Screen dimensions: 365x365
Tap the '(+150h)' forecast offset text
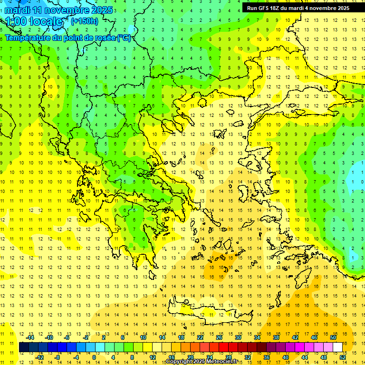[x=84, y=21]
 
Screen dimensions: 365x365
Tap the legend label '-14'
[x=30, y=337]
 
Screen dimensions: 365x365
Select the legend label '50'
[x=333, y=337]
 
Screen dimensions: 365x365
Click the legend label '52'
[x=343, y=357]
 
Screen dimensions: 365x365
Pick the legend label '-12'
[x=40, y=357]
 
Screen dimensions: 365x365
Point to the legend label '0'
[x=94, y=357]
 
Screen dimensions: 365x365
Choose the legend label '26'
[x=219, y=337]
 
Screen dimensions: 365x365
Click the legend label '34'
[x=257, y=337]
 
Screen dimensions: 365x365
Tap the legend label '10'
[x=143, y=337]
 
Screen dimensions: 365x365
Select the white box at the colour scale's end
[x=338, y=347]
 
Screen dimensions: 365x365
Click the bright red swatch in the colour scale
[x=224, y=347]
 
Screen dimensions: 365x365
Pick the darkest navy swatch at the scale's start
[x=24, y=347]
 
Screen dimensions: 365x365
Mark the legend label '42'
[x=295, y=337]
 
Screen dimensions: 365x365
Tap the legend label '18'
[x=181, y=337]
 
